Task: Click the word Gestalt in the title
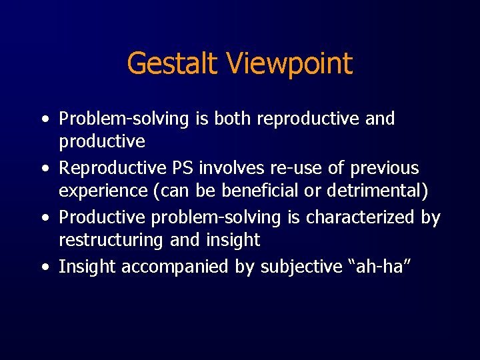pyautogui.click(x=173, y=64)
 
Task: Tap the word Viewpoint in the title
pyautogui.click(x=289, y=64)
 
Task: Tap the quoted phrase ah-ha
pyautogui.click(x=379, y=267)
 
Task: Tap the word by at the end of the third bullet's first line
pyautogui.click(x=431, y=217)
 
